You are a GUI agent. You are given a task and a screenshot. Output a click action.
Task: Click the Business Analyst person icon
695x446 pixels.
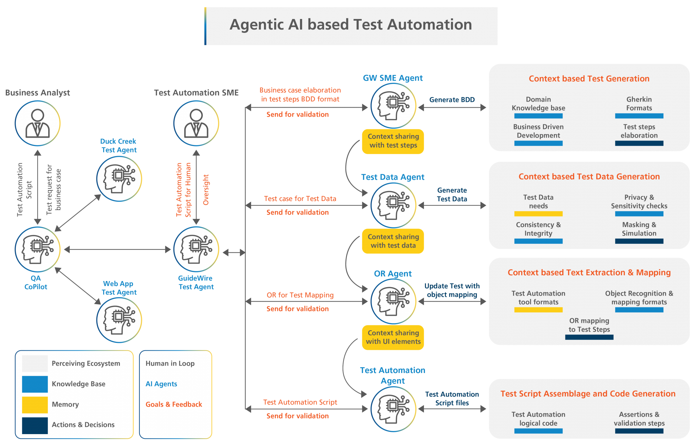(x=38, y=123)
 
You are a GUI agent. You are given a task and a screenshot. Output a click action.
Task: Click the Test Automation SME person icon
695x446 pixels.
(x=196, y=123)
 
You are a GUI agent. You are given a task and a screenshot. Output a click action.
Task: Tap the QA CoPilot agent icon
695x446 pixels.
(x=38, y=249)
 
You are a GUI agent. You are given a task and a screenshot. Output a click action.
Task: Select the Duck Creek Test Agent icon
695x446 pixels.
(x=119, y=179)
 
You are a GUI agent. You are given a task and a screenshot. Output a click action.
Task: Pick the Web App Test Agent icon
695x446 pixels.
(x=119, y=320)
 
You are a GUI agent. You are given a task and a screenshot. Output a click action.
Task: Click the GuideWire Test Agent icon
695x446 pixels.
(x=196, y=249)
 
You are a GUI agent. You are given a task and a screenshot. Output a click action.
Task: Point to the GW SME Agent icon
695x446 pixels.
(x=393, y=106)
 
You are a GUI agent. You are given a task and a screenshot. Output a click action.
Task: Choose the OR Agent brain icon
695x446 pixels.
(x=393, y=301)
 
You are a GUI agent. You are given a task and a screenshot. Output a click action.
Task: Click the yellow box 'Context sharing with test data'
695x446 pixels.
(x=393, y=241)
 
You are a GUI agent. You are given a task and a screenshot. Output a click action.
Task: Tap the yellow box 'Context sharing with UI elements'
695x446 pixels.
(x=393, y=337)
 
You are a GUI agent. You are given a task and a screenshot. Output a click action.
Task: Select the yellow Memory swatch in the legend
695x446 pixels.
(x=35, y=405)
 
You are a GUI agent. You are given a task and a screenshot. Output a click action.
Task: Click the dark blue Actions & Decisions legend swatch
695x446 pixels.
(x=35, y=425)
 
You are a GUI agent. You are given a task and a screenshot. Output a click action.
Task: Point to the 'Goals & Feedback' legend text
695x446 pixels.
(x=174, y=404)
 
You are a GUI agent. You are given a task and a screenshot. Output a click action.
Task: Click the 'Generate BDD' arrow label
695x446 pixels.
(x=452, y=100)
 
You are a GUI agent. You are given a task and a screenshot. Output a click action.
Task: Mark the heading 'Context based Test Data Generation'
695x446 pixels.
(x=589, y=176)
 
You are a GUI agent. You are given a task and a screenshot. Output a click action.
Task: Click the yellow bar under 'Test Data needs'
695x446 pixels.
(x=538, y=214)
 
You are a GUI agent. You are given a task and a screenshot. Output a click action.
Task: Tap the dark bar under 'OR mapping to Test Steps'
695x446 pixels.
(x=589, y=337)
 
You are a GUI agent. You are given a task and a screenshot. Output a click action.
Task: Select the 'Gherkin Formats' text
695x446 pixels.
(x=639, y=104)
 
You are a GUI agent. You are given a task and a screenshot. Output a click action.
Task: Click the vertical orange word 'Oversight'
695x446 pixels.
(x=206, y=190)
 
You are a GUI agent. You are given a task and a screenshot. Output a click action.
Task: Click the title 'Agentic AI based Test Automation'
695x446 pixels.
(x=351, y=25)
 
